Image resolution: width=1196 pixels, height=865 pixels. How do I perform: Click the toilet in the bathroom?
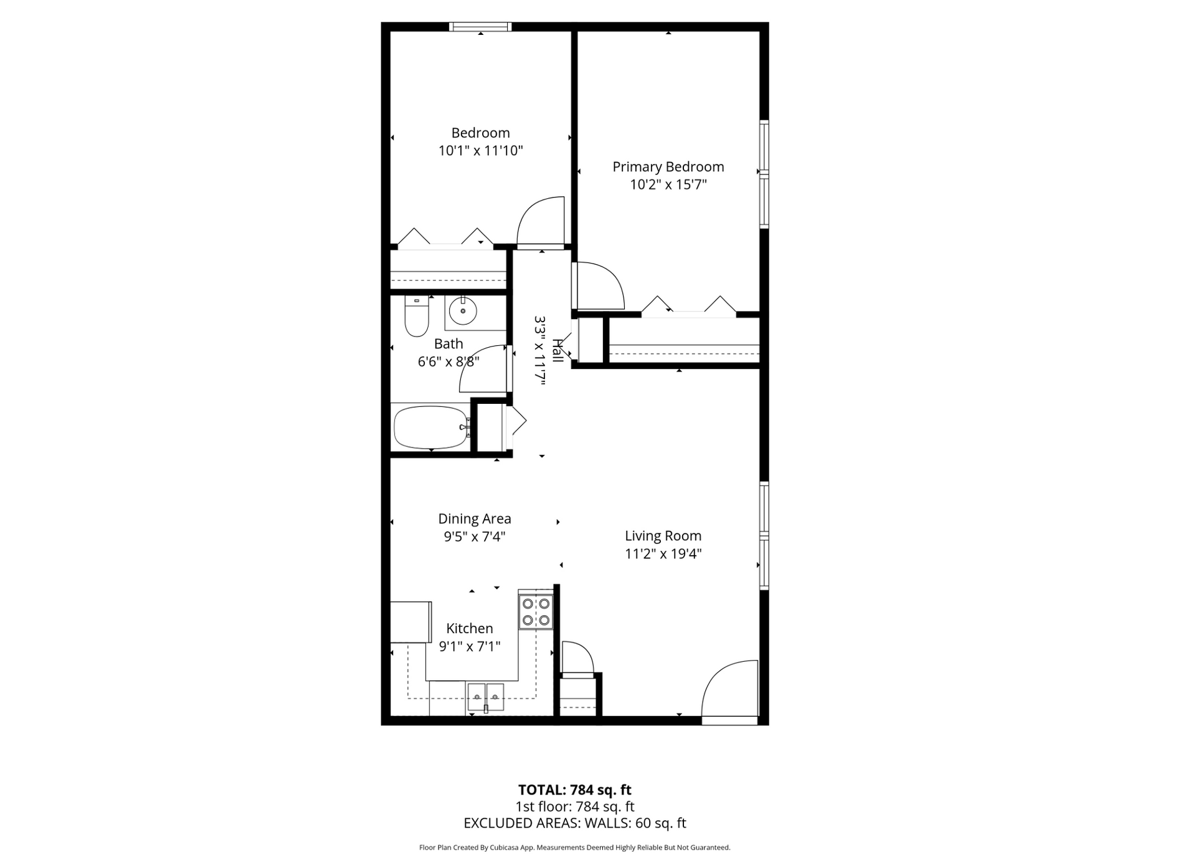[x=417, y=316]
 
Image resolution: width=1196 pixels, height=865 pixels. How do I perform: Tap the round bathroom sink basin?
[x=463, y=311]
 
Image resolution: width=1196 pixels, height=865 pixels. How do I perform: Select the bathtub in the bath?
[x=432, y=427]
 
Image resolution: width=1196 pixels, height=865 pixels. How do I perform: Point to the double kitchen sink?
[x=486, y=697]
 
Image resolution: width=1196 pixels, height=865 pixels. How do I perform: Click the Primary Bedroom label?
[x=668, y=166]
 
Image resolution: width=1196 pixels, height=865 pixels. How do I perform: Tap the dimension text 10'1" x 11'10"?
[x=480, y=150]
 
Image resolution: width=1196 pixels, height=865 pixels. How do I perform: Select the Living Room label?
[x=663, y=535]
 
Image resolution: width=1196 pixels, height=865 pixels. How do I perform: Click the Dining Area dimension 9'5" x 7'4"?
[x=474, y=536]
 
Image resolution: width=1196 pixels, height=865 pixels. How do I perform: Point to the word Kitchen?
[x=470, y=628]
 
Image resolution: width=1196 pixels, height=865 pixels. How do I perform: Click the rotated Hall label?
[x=558, y=351]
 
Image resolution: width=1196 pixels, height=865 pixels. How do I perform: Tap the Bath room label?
[x=448, y=343]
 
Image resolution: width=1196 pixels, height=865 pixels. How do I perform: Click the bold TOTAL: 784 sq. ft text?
[x=574, y=790]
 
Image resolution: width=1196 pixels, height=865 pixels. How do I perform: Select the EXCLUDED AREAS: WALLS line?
[x=574, y=823]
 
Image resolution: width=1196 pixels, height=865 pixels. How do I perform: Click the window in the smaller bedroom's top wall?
[x=480, y=27]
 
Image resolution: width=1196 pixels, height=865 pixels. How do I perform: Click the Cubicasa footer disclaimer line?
[x=574, y=848]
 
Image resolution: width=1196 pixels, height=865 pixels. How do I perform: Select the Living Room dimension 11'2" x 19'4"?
[x=663, y=553]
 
